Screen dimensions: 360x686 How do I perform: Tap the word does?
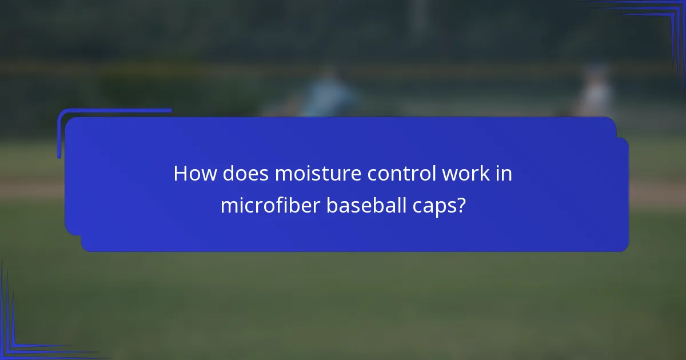[245, 174]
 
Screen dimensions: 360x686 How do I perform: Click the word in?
[504, 174]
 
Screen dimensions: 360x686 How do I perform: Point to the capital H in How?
[181, 174]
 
